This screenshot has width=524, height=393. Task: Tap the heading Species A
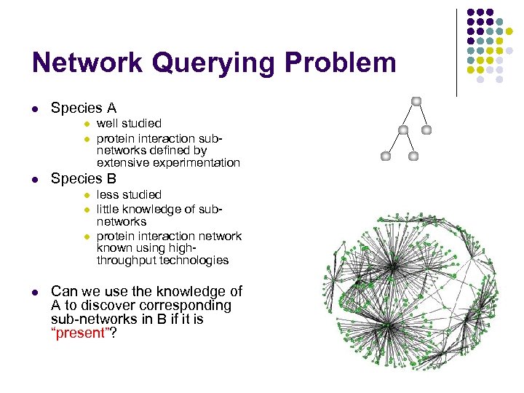pos(84,108)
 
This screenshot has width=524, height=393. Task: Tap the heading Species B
pos(84,178)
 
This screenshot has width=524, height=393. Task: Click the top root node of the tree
pos(416,100)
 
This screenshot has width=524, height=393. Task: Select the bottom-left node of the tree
pos(386,156)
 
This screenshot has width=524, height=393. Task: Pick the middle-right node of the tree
pos(426,130)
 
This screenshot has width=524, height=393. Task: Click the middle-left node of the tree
pos(402,130)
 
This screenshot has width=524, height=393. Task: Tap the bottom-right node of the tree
pos(413,156)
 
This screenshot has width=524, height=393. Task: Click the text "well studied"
pos(129,124)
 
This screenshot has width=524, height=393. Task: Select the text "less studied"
pos(129,194)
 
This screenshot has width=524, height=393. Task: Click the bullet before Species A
pos(35,109)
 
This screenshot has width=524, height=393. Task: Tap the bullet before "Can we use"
pos(35,293)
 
